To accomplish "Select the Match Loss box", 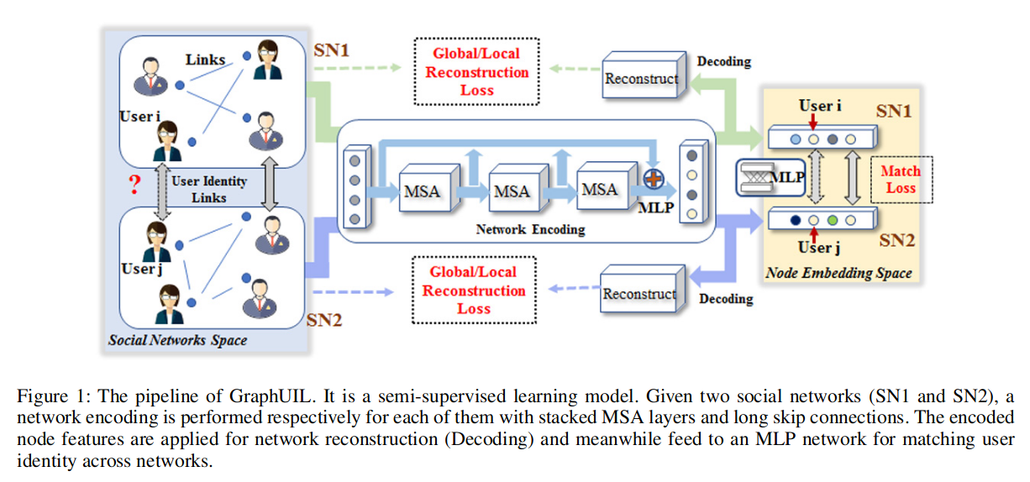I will tap(900, 179).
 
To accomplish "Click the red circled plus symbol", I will tap(654, 179).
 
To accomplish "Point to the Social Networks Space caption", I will tap(177, 340).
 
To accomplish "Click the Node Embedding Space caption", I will tap(838, 273).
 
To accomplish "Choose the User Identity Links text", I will tap(209, 189).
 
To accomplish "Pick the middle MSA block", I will tap(512, 191).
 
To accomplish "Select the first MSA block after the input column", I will tap(423, 191).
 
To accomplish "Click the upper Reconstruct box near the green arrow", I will tap(642, 79).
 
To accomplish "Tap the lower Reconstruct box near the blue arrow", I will tap(639, 294).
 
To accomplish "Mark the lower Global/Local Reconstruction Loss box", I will tap(474, 291).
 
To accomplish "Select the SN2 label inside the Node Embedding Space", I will tap(896, 241).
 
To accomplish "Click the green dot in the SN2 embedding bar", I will tap(833, 221).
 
